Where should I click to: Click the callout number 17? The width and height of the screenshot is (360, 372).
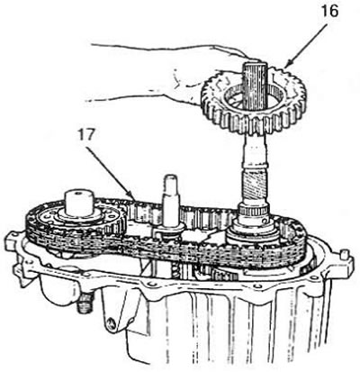pos(86,135)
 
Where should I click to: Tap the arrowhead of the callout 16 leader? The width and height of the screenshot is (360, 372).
pos(286,65)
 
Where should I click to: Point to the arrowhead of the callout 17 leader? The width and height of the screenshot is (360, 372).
pos(132,197)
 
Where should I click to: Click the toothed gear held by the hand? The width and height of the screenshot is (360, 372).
pos(254,101)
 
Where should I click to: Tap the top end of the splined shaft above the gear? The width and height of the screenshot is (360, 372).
pos(255,64)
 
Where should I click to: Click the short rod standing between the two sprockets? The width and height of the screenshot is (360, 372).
pos(170,204)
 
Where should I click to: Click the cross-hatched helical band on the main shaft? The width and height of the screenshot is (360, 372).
pos(254,186)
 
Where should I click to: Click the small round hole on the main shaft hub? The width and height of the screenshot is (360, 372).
pos(265,221)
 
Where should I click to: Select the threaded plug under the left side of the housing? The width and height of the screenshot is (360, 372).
pos(85,303)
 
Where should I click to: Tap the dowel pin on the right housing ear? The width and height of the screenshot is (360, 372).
pos(345,254)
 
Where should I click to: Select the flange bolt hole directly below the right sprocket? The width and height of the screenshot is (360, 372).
pos(256,286)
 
